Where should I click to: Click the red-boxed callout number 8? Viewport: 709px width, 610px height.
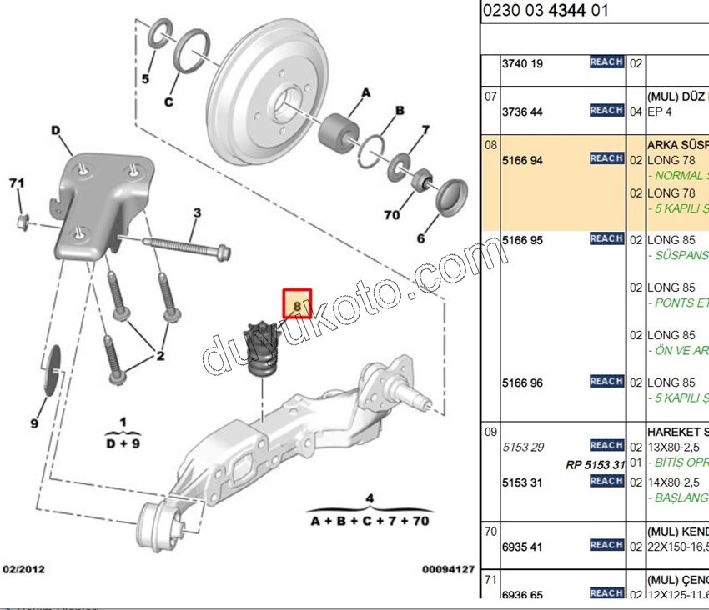point(297,304)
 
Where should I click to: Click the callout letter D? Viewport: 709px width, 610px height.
point(56,130)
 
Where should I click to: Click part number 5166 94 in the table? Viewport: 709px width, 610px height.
point(522,160)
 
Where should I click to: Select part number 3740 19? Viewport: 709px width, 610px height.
point(522,64)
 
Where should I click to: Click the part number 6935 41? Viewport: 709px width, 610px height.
point(522,547)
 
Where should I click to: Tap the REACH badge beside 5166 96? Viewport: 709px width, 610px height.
point(606,382)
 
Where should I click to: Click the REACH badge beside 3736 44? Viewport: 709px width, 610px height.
point(606,111)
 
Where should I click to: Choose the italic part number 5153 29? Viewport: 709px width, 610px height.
point(522,447)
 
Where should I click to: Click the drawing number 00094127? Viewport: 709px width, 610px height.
point(448,570)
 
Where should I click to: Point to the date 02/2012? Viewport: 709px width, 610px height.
point(23,570)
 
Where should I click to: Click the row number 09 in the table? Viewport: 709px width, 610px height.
point(490,431)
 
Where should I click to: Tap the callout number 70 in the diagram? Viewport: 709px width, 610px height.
point(391,215)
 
